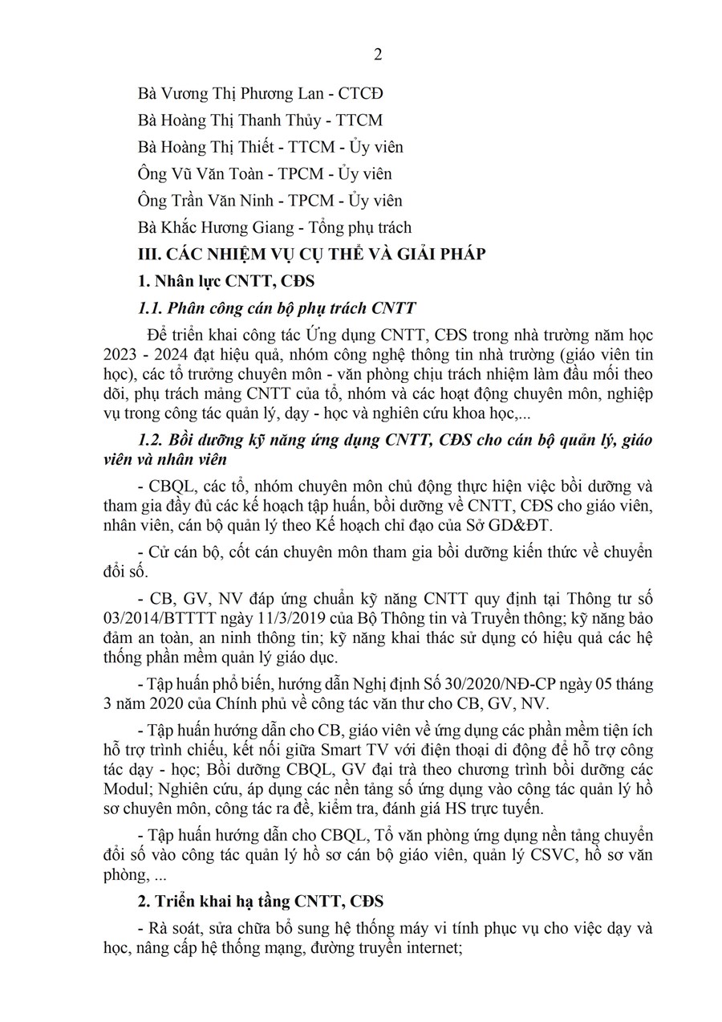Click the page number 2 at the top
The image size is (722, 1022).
(378, 55)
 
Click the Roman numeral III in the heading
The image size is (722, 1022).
(150, 254)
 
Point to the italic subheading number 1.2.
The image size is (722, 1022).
(151, 439)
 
